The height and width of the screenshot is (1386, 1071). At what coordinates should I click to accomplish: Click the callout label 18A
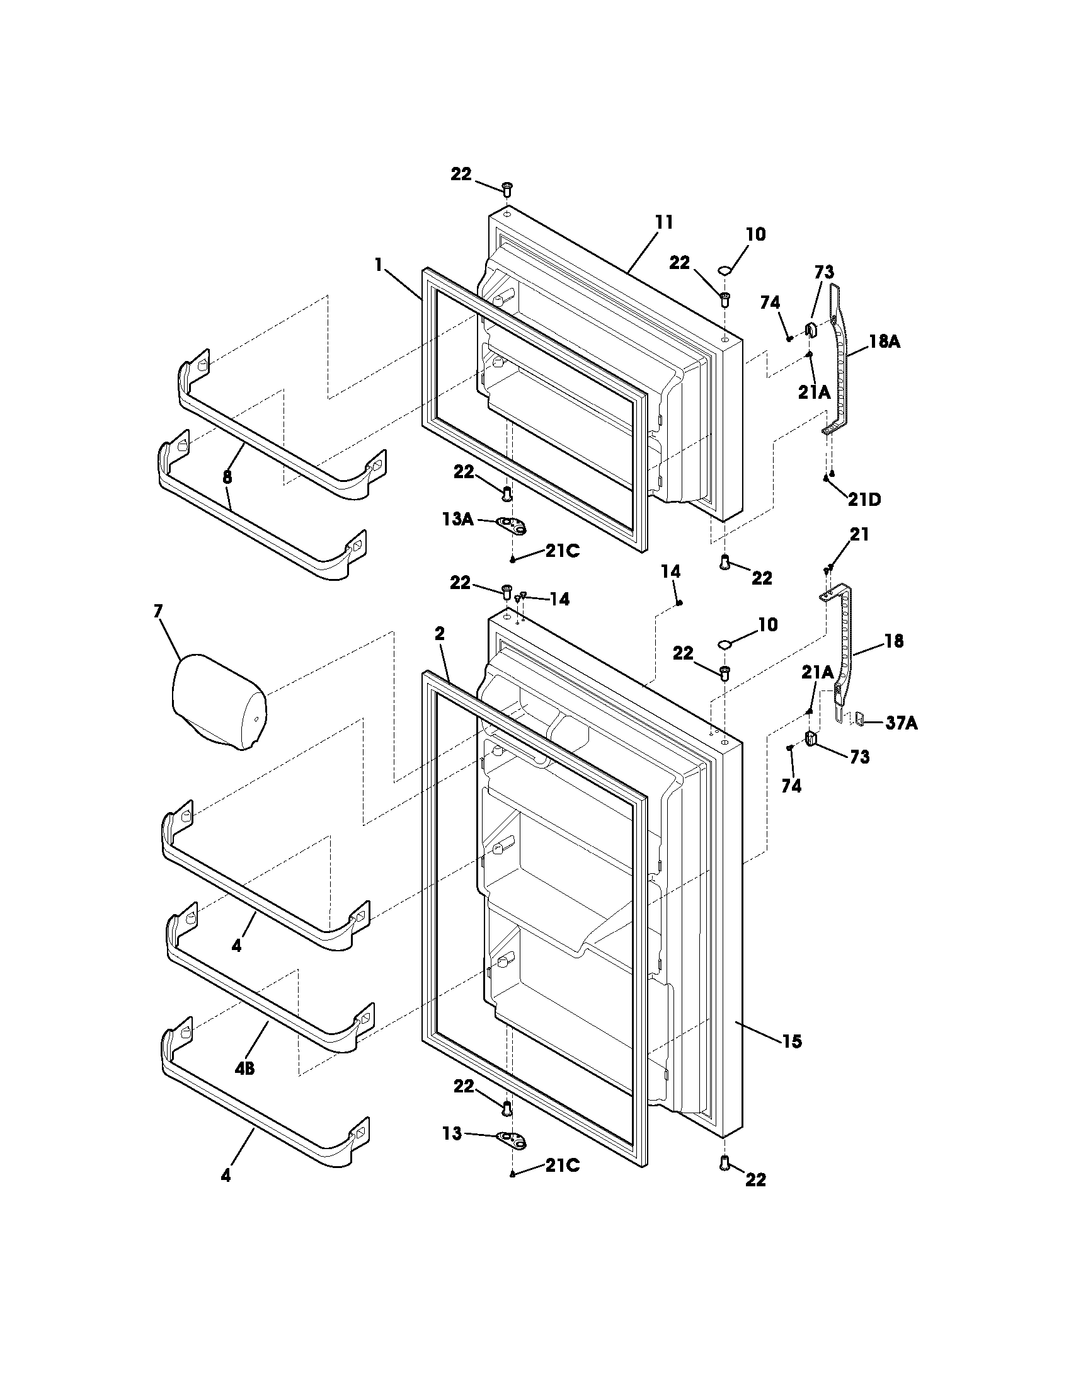(885, 341)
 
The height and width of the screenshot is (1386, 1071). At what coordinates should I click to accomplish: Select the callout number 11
(664, 222)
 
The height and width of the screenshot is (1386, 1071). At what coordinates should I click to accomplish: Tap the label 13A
(458, 519)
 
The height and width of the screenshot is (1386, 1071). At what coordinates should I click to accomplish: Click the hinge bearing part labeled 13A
(513, 524)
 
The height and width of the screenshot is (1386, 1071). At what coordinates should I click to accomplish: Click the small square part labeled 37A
(860, 718)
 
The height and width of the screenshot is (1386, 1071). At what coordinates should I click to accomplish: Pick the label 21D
(865, 499)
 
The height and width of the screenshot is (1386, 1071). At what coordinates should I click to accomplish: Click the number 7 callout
(157, 612)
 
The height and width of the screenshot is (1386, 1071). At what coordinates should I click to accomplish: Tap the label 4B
(244, 1068)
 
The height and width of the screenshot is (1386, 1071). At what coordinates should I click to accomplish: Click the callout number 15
(792, 1041)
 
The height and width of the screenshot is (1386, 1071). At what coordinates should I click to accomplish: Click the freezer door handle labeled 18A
(839, 362)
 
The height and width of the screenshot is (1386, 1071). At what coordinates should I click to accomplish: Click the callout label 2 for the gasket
(440, 633)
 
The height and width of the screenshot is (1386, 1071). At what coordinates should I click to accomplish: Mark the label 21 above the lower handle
(859, 534)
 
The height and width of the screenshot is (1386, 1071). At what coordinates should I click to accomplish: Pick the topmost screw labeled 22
(507, 188)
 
